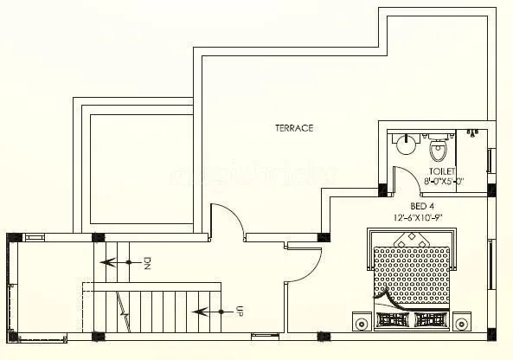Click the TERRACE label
point(294,128)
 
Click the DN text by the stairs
point(147,261)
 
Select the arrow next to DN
point(118,260)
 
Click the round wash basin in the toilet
point(405,145)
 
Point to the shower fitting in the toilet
point(472,132)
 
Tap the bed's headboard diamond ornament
point(412,244)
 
